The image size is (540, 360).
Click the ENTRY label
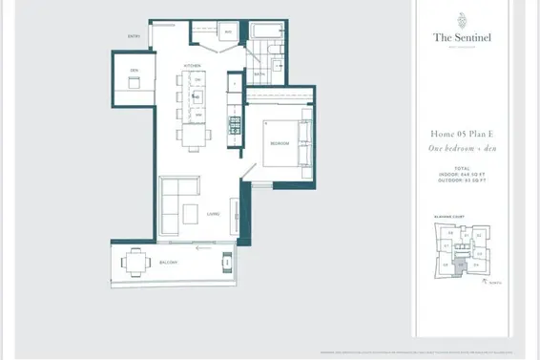tap(135, 37)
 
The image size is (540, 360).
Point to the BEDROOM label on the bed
tap(279, 142)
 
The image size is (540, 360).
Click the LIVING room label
tap(212, 214)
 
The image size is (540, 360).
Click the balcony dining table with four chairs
tap(135, 259)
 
